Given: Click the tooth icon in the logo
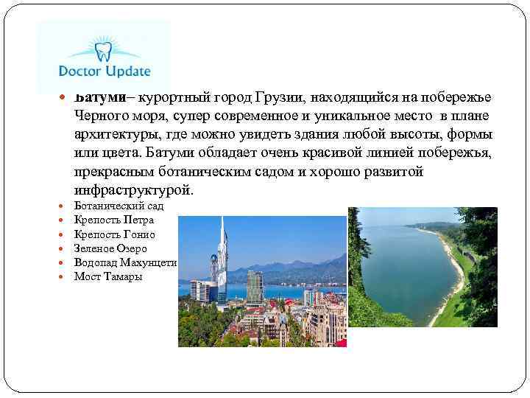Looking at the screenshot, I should click(x=102, y=51).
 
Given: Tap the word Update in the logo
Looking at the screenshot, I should click(x=125, y=72).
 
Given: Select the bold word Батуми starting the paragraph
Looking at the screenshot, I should click(x=98, y=98).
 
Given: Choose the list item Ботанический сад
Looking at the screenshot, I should click(x=119, y=206).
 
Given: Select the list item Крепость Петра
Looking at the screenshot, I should click(x=114, y=220).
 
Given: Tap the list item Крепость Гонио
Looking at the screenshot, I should click(x=114, y=234).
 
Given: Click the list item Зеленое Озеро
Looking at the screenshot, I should click(x=110, y=248).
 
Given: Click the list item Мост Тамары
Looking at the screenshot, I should click(x=108, y=276).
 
